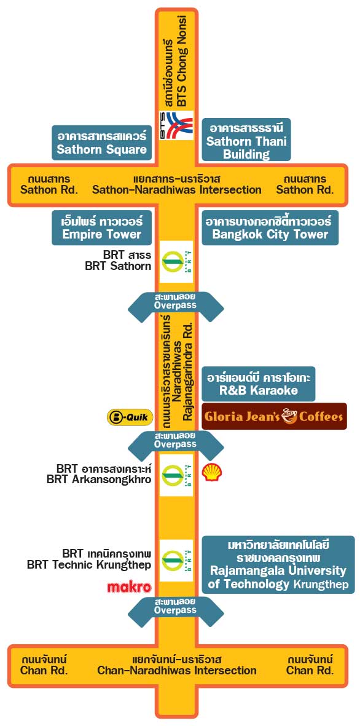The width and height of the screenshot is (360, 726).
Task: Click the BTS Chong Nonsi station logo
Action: coord(176,125)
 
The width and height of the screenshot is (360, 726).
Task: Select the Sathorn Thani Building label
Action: coord(246,140)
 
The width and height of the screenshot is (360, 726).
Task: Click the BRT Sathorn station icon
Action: coord(176,262)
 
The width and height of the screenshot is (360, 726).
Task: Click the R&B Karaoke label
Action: coord(259,384)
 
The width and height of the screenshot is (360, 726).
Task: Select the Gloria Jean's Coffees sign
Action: coord(275,416)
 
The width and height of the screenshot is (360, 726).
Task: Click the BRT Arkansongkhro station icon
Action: coord(176,475)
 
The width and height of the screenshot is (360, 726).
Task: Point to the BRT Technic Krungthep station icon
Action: coord(176,561)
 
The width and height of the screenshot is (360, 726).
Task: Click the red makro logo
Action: coord(129,587)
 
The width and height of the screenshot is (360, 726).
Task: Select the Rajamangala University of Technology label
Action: coord(278,565)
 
